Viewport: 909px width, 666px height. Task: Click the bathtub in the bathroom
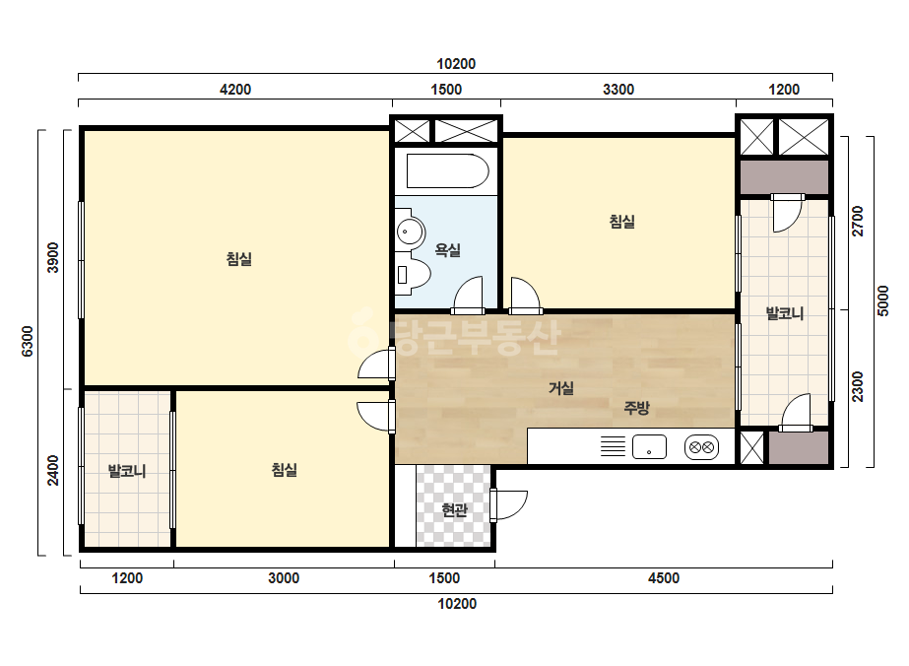coord(447,170)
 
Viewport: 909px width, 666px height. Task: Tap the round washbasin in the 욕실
coord(411,232)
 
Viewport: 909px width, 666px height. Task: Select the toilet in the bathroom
coord(414,274)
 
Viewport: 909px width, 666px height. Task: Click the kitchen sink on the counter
coord(649,447)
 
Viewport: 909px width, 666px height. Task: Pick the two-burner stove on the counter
coord(701,447)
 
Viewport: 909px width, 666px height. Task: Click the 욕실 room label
coord(447,250)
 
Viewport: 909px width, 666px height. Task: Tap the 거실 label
coord(561,387)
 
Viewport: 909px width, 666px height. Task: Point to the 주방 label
coord(636,408)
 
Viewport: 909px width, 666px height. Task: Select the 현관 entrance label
coord(455,510)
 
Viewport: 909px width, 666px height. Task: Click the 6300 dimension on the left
coord(28,341)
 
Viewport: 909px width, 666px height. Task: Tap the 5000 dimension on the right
coord(883,300)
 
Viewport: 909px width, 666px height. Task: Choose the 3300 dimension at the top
coord(618,90)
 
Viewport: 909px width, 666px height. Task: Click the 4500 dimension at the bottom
coord(664,577)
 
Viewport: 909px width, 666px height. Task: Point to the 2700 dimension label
coord(858,221)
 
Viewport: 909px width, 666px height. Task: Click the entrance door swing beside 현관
coord(509,505)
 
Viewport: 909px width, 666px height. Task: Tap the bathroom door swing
coord(467,295)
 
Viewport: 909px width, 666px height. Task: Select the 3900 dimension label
coord(53,257)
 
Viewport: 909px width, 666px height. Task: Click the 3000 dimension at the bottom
coord(284,577)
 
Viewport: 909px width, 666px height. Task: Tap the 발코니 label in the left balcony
coord(127,471)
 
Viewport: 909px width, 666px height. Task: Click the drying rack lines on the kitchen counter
coord(613,446)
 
